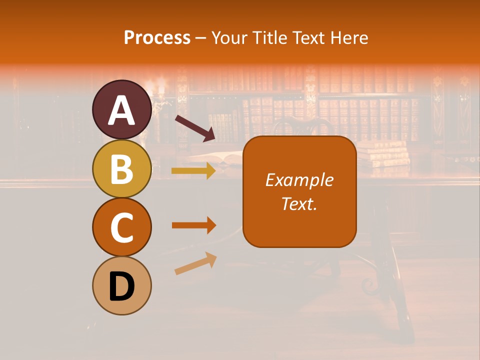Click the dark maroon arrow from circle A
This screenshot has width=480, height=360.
[x=194, y=128]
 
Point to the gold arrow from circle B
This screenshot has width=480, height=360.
[x=193, y=171]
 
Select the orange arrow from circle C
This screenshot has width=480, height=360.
[x=193, y=225]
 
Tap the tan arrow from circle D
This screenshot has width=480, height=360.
[x=195, y=263]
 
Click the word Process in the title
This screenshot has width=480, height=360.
[x=157, y=38]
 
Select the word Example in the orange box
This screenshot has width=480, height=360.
[x=299, y=180]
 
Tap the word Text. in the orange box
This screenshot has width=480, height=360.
[x=299, y=203]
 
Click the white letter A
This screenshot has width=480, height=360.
[x=121, y=110]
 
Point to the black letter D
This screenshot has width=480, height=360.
[x=121, y=288]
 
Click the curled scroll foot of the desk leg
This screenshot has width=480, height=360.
[x=368, y=286]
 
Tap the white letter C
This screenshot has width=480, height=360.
[x=121, y=228]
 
